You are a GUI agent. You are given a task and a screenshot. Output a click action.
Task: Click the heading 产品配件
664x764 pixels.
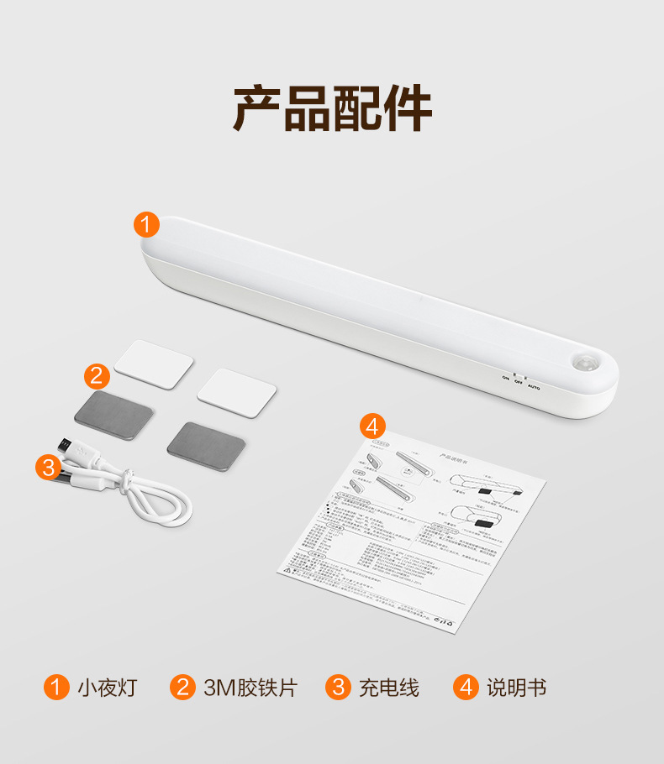332,108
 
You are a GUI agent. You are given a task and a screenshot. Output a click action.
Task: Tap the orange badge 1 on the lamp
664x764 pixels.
146,225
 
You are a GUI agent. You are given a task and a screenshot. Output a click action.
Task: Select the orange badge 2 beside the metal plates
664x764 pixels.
97,376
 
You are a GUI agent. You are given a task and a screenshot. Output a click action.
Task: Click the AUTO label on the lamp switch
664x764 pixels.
533,388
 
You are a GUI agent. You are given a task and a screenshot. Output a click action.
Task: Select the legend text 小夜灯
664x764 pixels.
107,688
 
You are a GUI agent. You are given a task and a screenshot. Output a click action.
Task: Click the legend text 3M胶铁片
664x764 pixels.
250,688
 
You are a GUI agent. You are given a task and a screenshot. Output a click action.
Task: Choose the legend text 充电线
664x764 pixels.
388,688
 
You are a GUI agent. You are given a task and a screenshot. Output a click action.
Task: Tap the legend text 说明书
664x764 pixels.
516,688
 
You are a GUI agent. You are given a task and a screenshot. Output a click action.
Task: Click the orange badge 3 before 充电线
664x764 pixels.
338,688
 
